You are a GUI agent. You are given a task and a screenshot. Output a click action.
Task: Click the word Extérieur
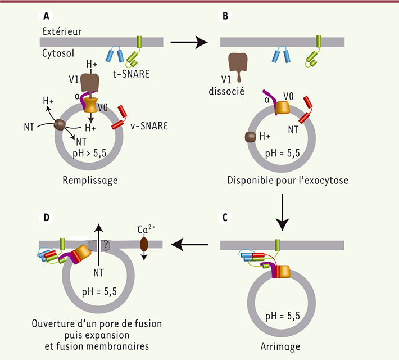61,31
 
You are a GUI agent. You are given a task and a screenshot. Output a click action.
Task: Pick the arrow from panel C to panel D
191,244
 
